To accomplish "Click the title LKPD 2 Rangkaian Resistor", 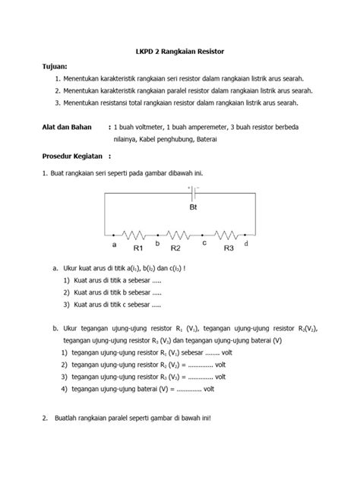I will (x=179, y=51).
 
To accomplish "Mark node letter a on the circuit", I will (x=115, y=245).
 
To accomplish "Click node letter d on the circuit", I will (x=246, y=244).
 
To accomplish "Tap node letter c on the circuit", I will (x=204, y=243).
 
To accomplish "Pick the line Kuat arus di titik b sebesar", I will (x=116, y=292).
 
